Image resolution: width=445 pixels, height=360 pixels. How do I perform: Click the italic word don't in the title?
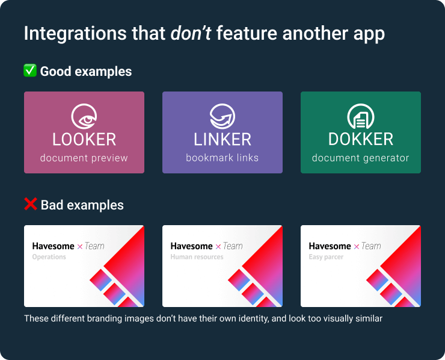pyautogui.click(x=191, y=33)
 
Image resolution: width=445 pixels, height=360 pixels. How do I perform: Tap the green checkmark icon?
pyautogui.click(x=30, y=70)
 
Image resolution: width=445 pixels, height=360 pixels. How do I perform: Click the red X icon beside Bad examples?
pyautogui.click(x=30, y=204)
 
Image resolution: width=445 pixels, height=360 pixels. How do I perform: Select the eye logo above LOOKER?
pyautogui.click(x=84, y=117)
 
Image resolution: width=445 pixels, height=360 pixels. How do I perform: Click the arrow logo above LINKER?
pyautogui.click(x=222, y=117)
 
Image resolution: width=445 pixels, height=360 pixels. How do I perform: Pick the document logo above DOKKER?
pyautogui.click(x=361, y=117)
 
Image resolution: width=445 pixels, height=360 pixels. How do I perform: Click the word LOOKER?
pyautogui.click(x=84, y=140)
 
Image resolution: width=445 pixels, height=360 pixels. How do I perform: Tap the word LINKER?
pyautogui.click(x=222, y=140)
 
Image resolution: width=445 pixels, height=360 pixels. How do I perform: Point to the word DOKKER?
pyautogui.click(x=361, y=140)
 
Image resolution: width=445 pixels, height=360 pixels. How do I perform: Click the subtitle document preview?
pyautogui.click(x=84, y=158)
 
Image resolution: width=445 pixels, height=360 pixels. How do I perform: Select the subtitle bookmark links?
pyautogui.click(x=222, y=158)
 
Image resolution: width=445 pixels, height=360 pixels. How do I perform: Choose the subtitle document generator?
pyautogui.click(x=360, y=158)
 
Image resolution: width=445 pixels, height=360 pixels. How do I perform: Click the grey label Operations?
pyautogui.click(x=49, y=257)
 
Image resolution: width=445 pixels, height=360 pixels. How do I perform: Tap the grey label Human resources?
pyautogui.click(x=197, y=257)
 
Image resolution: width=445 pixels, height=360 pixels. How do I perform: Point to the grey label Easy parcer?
pyautogui.click(x=326, y=257)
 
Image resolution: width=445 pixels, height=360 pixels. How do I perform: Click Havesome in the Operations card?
pyautogui.click(x=53, y=246)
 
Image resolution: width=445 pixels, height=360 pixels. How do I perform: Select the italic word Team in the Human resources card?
pyautogui.click(x=233, y=246)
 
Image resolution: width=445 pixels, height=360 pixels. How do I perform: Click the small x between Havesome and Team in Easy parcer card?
pyautogui.click(x=357, y=247)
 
